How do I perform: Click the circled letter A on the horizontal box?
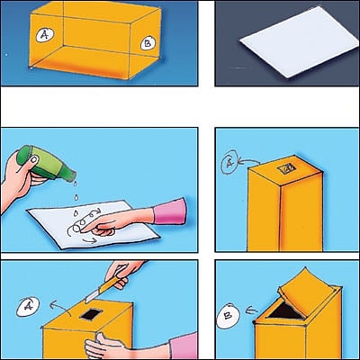(45, 35)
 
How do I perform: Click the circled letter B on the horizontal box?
(148, 43)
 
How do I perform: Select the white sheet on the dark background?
(299, 42)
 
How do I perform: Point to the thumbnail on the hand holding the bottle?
(35, 159)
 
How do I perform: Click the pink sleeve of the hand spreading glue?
(170, 211)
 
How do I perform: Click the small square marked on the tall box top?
(286, 168)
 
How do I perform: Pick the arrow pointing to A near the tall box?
(248, 161)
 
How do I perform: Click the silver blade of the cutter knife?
(92, 295)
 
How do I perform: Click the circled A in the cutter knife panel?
(28, 307)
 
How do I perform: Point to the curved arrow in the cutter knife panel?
(59, 308)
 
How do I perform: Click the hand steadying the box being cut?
(102, 347)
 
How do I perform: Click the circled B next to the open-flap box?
(229, 316)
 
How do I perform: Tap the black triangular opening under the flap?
(285, 310)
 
